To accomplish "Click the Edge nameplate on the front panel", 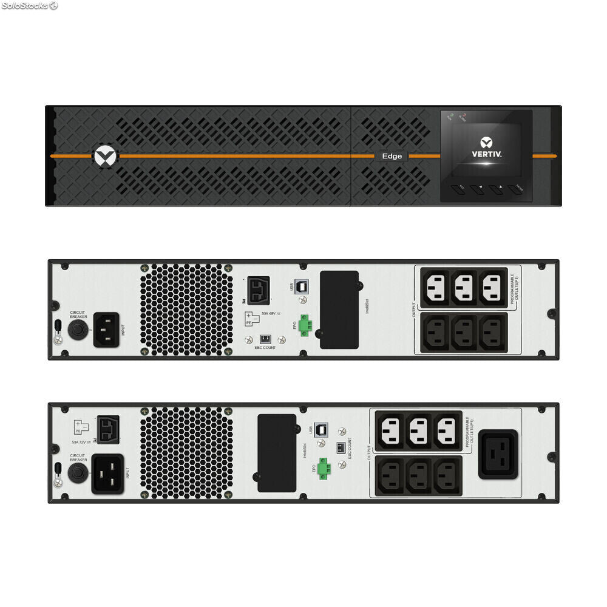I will [x=392, y=156].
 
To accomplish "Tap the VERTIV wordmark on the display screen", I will [x=487, y=154].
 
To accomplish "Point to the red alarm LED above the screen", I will [x=463, y=115].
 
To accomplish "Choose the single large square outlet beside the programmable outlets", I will [x=498, y=455].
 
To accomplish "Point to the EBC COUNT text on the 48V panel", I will [x=265, y=348].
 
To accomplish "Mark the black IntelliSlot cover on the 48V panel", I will [x=339, y=310].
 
